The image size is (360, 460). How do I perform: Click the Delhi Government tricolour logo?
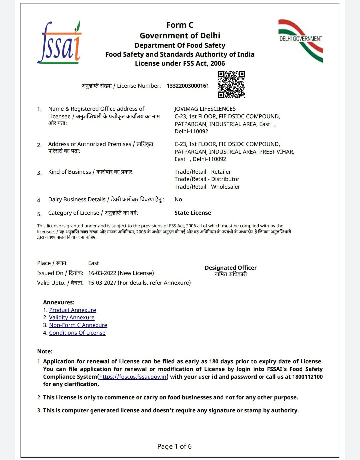tap(301, 40)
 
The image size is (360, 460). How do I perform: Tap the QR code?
tap(231, 84)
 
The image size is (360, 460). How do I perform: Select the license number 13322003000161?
tap(188, 86)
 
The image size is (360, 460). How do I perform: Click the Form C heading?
tap(180, 25)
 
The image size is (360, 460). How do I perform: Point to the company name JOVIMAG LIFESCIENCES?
tap(205, 109)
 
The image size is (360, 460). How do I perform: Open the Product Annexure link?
tap(72, 310)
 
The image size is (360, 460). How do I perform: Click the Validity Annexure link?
tap(72, 317)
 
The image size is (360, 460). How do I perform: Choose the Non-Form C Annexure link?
tap(78, 325)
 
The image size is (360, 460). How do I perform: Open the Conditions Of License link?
tap(77, 333)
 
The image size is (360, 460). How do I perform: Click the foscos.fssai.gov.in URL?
tap(133, 377)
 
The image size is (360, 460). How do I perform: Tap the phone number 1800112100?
tap(307, 377)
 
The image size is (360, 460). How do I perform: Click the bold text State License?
tap(193, 213)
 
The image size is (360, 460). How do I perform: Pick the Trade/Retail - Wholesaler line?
tap(207, 187)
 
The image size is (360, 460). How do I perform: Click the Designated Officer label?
tap(231, 268)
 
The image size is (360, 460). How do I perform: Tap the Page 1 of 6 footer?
tap(174, 446)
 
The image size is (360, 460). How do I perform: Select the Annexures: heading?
tap(59, 302)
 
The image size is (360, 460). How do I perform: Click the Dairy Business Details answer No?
tap(178, 199)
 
